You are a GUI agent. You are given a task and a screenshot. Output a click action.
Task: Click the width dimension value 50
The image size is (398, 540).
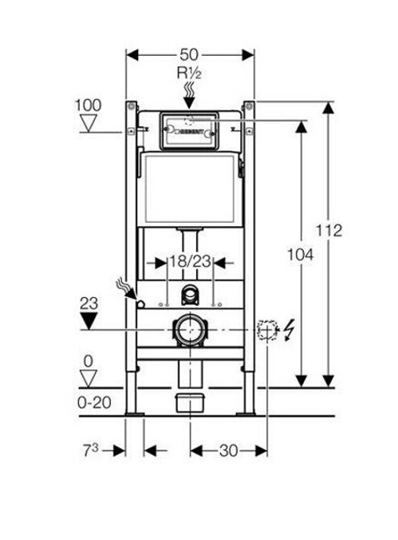pos(189,54)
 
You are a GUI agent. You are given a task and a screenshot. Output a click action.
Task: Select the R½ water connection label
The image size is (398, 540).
pos(189,74)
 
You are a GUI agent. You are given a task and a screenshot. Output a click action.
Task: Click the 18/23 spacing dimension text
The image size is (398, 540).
pos(189,261)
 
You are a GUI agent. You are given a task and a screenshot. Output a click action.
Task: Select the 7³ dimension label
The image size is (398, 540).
pos(95,451)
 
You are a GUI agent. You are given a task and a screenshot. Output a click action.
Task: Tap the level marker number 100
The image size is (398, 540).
pos(89,105)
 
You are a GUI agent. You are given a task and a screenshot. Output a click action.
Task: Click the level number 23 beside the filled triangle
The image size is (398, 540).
pos(89,303)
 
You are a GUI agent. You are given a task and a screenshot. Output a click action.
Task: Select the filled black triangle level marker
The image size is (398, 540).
pos(89,320)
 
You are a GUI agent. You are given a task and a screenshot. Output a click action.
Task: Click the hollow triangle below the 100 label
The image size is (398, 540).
pos(89,123)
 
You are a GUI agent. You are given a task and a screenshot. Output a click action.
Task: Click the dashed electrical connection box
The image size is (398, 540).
pos(266,328)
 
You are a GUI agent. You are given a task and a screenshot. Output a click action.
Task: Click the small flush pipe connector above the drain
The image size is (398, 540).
pos(189,295)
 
